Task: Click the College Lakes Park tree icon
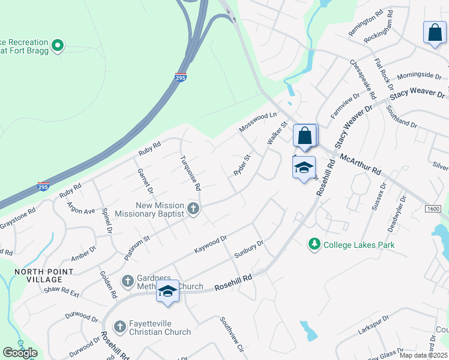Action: (x=313, y=244)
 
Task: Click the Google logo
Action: (x=20, y=353)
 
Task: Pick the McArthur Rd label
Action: (x=360, y=163)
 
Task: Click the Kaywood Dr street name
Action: (x=210, y=245)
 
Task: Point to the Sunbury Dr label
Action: (x=249, y=248)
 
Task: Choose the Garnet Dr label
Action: (x=146, y=181)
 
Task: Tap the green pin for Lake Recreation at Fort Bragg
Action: (x=58, y=44)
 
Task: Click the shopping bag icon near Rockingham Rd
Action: (x=434, y=33)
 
